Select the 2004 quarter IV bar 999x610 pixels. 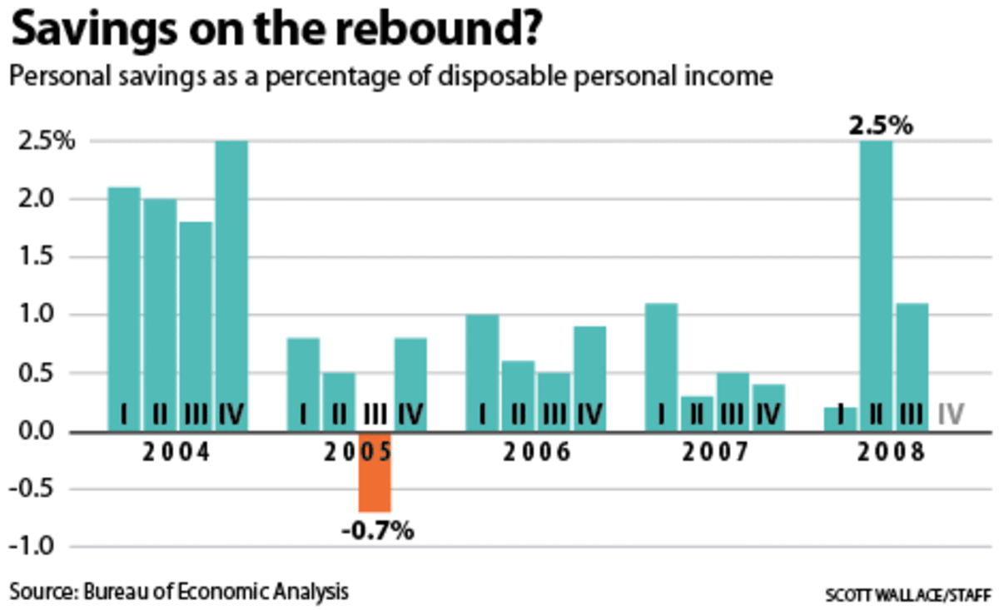click(231, 283)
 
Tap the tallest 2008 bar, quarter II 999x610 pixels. click(876, 283)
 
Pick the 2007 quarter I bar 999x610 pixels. click(661, 366)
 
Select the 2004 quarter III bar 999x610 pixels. click(195, 325)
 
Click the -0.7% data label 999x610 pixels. click(378, 530)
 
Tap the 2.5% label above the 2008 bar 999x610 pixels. click(881, 126)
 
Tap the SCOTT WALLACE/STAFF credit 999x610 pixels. click(907, 595)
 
